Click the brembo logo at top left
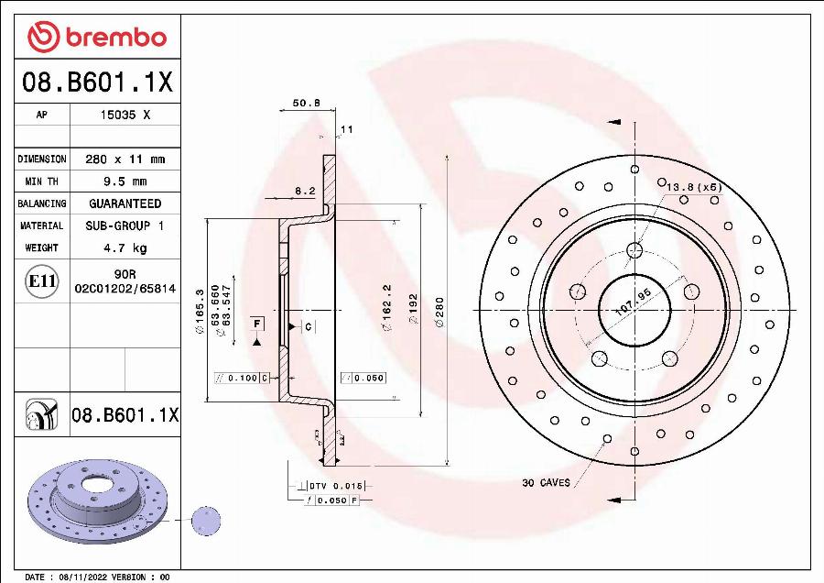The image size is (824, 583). pos(96,37)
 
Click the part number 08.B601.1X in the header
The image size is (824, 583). pos(96,83)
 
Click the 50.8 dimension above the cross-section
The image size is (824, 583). pos(306,104)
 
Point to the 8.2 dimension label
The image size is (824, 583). pos(305,191)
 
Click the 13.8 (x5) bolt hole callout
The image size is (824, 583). pos(693,187)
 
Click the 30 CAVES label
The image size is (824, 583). pos(547,482)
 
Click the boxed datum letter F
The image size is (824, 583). pos(256,324)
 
